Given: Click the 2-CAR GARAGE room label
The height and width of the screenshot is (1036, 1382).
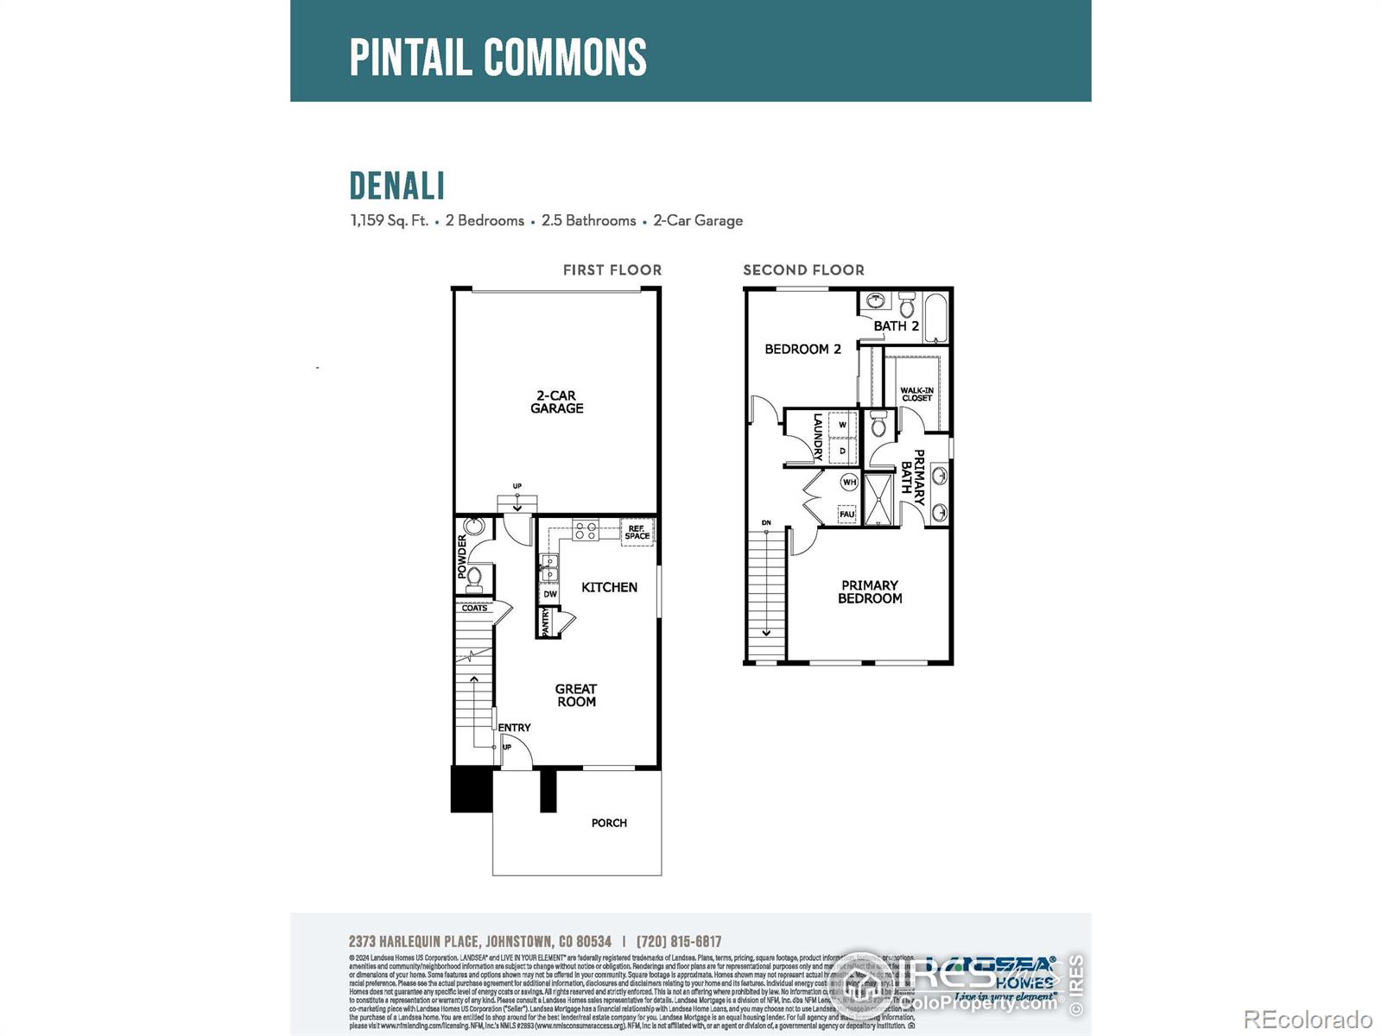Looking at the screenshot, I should tap(557, 402).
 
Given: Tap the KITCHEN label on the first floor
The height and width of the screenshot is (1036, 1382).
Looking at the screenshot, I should tap(609, 587).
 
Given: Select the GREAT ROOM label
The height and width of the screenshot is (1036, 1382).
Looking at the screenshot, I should tap(576, 695).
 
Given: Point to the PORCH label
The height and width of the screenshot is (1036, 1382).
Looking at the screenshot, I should tap(609, 823).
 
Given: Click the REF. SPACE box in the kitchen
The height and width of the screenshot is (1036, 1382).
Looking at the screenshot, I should tap(637, 532).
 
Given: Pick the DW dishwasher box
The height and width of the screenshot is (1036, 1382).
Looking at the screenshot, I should tap(550, 594).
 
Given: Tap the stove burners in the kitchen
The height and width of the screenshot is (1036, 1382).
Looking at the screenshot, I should tap(586, 530).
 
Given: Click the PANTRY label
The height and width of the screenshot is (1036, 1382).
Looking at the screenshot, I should tap(546, 622).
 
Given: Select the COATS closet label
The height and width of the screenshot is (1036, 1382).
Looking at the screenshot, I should tap(474, 608).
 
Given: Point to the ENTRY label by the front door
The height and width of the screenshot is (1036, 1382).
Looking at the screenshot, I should tap(515, 728).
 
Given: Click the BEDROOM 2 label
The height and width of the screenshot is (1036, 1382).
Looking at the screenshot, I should tap(802, 349).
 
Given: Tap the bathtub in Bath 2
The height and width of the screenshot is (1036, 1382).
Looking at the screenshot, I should tap(936, 317).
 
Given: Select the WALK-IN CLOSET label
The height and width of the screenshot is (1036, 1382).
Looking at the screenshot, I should tap(916, 395).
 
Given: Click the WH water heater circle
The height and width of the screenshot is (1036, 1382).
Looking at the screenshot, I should tap(849, 482).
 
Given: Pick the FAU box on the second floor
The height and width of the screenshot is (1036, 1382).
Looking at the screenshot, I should tap(847, 514).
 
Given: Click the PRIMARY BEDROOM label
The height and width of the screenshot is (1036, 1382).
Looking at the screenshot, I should tap(870, 591).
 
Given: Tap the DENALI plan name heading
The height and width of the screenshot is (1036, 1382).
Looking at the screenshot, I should tap(397, 186).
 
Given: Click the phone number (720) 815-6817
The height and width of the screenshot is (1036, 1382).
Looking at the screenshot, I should tap(679, 942).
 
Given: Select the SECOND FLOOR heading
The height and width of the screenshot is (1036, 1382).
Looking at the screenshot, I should tap(803, 270).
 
